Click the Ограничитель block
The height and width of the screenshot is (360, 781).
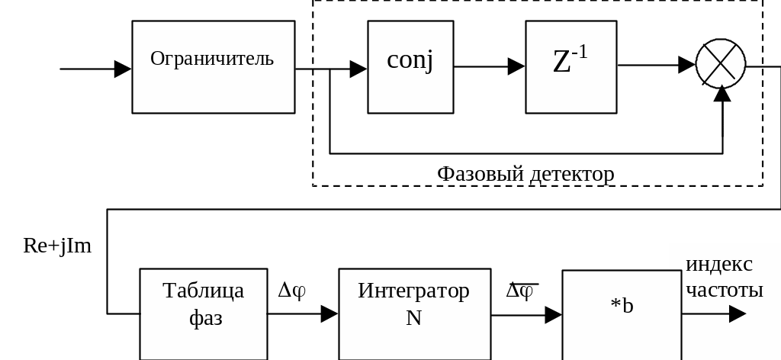click(x=213, y=67)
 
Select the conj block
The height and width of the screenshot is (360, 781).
click(x=410, y=67)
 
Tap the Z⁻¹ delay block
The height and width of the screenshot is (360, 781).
click(x=570, y=67)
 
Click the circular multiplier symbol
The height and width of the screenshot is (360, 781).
click(x=720, y=64)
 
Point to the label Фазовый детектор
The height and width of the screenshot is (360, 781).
click(x=525, y=175)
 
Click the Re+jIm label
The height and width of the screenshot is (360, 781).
click(x=58, y=246)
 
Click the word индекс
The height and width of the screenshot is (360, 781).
click(x=719, y=265)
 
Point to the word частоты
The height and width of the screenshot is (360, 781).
click(x=725, y=290)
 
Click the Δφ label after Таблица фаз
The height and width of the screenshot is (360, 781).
click(x=291, y=291)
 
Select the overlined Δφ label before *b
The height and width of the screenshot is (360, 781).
click(x=522, y=291)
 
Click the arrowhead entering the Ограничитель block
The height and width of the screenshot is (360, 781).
click(x=123, y=69)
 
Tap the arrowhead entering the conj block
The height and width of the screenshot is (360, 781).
click(x=358, y=69)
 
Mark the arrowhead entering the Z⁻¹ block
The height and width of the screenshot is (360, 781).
click(x=516, y=67)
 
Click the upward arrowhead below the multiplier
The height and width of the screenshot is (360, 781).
click(x=721, y=93)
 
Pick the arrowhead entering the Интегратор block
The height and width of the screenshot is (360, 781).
click(x=329, y=313)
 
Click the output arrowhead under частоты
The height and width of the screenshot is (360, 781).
click(x=737, y=313)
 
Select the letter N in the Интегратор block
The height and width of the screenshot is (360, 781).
click(x=413, y=317)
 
